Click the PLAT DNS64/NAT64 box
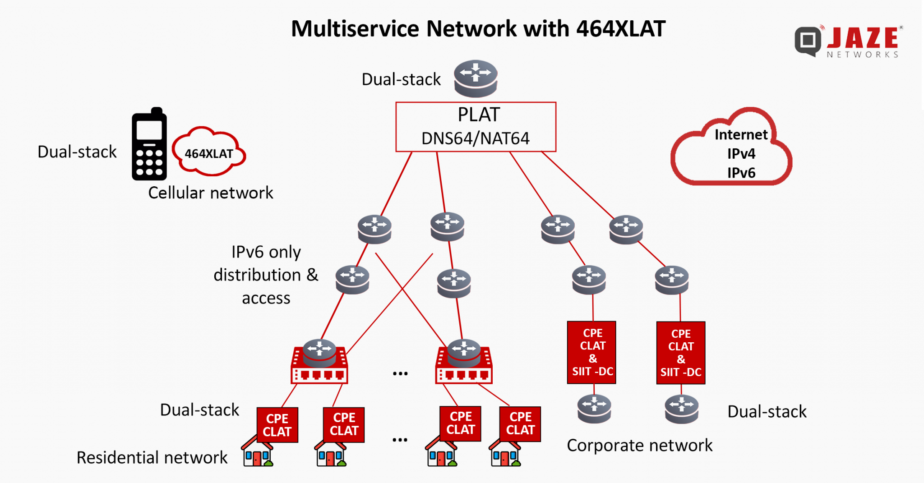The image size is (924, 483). tap(476, 127)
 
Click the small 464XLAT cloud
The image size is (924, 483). tap(209, 153)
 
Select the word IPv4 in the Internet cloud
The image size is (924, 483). tap(741, 154)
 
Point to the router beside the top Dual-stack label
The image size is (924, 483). tap(476, 78)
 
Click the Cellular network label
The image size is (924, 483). tap(210, 193)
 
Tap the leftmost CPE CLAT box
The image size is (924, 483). tap(277, 425)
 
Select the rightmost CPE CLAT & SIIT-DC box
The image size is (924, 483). tap(680, 353)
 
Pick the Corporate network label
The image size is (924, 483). tap(639, 446)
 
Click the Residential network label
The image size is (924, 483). tap(152, 457)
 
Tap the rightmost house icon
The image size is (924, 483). tap(505, 453)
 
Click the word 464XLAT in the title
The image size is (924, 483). tap(620, 29)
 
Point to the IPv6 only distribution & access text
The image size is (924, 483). tap(266, 275)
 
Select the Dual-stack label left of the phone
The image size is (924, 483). tap(77, 152)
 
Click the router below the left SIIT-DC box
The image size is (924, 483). tap(594, 409)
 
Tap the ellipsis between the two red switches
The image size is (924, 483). tap(400, 373)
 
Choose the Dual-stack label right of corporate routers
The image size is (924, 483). tap(767, 412)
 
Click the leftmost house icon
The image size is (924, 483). tap(257, 453)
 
